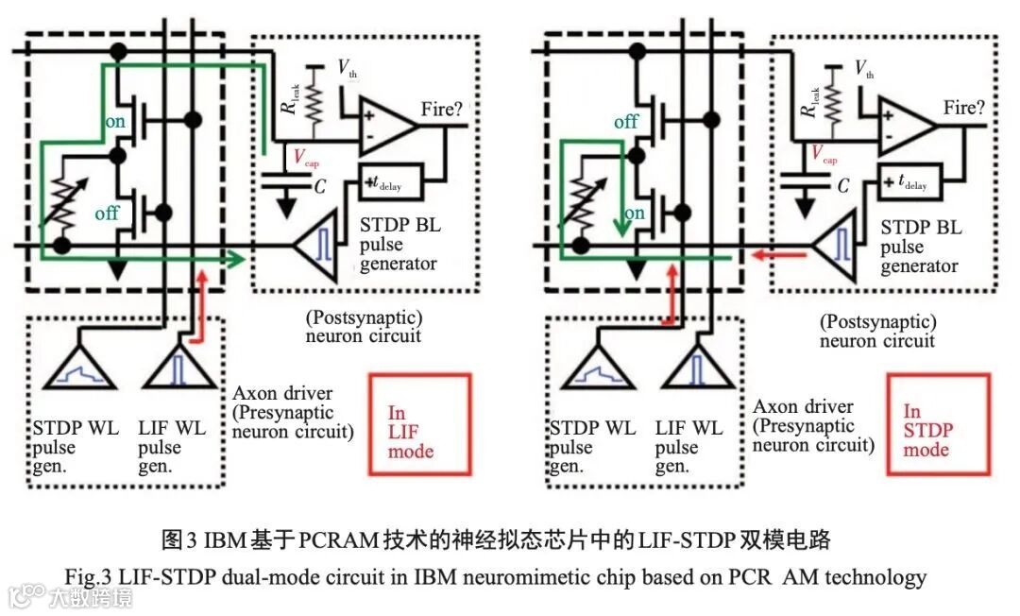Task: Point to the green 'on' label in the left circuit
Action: pos(113,122)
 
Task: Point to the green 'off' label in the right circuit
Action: pos(626,122)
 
